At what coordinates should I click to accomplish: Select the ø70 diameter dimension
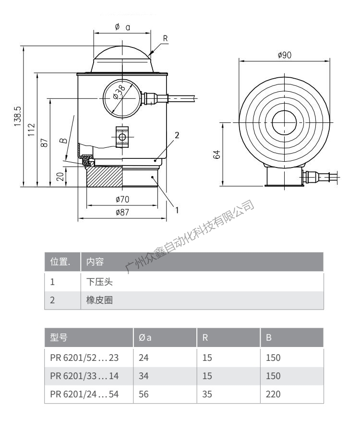click(122, 199)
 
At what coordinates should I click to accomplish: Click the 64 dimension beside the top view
click(216, 155)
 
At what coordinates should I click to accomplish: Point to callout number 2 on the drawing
click(177, 135)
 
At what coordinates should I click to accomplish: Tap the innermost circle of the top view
click(285, 122)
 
